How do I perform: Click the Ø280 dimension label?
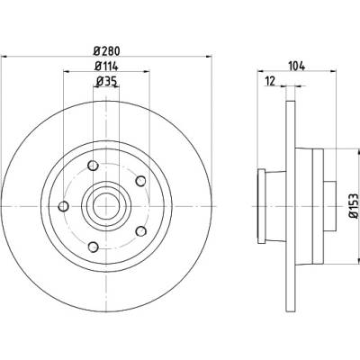(107, 51)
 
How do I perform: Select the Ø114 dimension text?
(106, 67)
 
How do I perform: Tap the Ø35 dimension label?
(106, 81)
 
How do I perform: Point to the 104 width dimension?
(296, 66)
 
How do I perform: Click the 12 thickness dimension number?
(270, 81)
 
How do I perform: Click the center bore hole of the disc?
(106, 206)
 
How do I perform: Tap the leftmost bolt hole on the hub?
(64, 206)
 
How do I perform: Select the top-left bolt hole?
(94, 166)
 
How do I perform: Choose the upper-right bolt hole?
(140, 181)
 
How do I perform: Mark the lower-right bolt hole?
(141, 231)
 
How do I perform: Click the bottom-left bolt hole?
(94, 247)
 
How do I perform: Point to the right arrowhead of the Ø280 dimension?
(209, 56)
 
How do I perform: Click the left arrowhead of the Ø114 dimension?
(67, 71)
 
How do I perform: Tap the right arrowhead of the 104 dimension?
(333, 71)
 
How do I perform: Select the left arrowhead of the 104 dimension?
(261, 71)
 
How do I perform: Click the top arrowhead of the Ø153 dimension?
(358, 152)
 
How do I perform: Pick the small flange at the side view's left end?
(262, 206)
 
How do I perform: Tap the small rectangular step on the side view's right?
(329, 206)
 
